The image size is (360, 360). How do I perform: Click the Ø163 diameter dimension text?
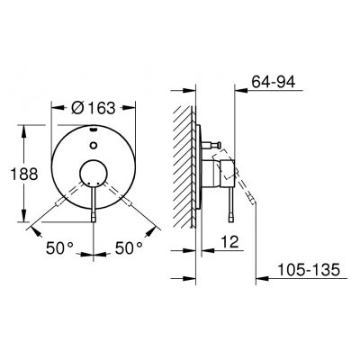click(x=94, y=108)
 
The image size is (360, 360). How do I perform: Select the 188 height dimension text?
click(x=24, y=174)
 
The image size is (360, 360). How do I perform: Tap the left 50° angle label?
click(x=59, y=248)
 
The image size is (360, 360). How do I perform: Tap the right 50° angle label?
click(x=129, y=248)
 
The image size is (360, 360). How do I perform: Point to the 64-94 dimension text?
click(x=274, y=81)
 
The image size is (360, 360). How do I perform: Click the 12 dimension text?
click(x=229, y=242)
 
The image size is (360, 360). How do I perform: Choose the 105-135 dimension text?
click(x=309, y=269)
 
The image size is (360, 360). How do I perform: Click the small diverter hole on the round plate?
click(x=94, y=146)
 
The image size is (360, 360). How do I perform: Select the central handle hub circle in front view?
click(x=94, y=174)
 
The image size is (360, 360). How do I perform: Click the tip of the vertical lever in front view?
click(x=94, y=218)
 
